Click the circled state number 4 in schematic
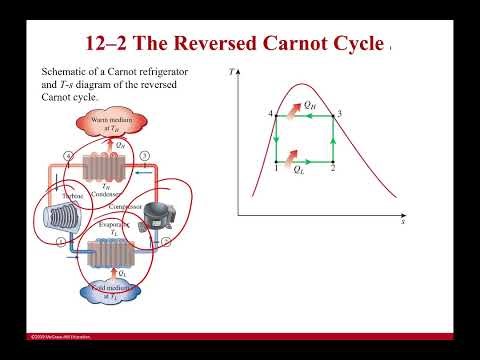[67, 157]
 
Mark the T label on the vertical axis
[231, 72]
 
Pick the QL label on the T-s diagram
[300, 170]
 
